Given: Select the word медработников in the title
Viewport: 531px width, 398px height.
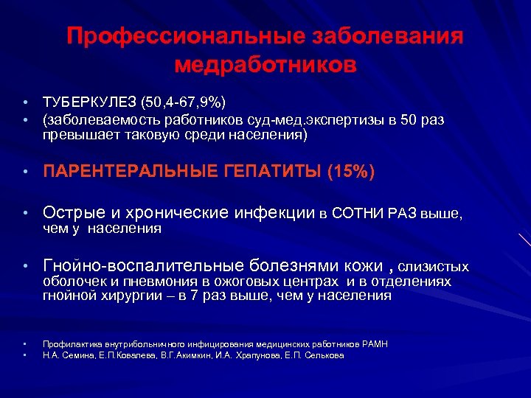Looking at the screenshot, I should (265, 65).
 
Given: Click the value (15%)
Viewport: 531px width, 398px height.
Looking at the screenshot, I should (352, 172).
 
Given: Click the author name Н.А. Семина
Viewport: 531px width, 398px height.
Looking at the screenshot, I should (64, 355).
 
